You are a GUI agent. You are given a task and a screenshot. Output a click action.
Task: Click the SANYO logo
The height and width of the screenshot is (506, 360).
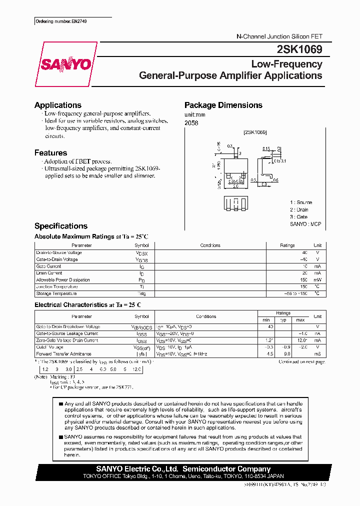point(65,64)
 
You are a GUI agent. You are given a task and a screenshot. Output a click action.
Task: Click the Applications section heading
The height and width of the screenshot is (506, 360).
point(58,105)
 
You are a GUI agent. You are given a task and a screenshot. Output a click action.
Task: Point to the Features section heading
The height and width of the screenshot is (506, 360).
point(50,153)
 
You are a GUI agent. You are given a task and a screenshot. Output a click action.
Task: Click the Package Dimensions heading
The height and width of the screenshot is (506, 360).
point(223,105)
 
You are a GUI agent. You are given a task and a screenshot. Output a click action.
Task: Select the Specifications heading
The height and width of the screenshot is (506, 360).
point(61,226)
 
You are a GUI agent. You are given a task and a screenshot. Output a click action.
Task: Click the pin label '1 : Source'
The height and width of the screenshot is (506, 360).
point(300,202)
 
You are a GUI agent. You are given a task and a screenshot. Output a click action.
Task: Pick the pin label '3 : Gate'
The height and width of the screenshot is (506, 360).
point(298,217)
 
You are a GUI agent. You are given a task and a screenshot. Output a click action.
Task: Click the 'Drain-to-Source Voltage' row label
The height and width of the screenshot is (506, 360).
point(59,253)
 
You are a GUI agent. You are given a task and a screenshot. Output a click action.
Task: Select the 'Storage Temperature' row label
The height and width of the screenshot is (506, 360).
point(56,293)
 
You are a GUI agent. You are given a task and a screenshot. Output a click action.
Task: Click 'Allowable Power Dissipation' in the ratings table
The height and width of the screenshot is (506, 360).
point(63,280)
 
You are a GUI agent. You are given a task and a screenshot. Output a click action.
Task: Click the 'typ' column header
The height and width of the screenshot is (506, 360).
point(283,320)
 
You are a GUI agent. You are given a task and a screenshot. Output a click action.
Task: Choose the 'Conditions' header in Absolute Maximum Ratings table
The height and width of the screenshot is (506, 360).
point(210,245)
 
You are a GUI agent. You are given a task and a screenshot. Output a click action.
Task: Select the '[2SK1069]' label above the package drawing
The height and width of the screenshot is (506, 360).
point(255,132)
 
